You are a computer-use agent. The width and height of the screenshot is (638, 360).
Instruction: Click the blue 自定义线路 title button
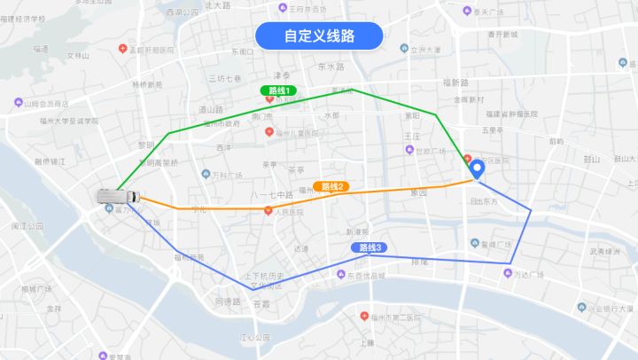[319, 36]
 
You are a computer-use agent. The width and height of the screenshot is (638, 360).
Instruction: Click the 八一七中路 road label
[271, 194]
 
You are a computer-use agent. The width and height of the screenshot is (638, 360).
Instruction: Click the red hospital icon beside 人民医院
[268, 211]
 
